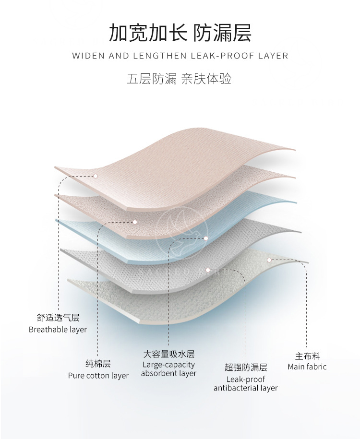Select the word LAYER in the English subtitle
(x=272, y=56)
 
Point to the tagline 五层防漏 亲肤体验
(x=180, y=79)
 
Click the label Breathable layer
(x=58, y=330)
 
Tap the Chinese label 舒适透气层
(x=58, y=318)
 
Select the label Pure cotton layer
(x=98, y=376)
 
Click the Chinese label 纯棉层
(x=98, y=364)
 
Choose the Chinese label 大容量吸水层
(x=169, y=355)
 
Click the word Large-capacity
(x=169, y=365)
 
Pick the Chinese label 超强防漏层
(x=246, y=368)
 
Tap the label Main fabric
(x=307, y=367)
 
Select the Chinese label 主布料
(x=307, y=356)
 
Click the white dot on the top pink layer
(x=96, y=176)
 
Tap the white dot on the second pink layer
(x=135, y=222)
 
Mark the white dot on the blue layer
(x=206, y=238)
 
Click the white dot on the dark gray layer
(x=208, y=270)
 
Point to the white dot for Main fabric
(x=270, y=260)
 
